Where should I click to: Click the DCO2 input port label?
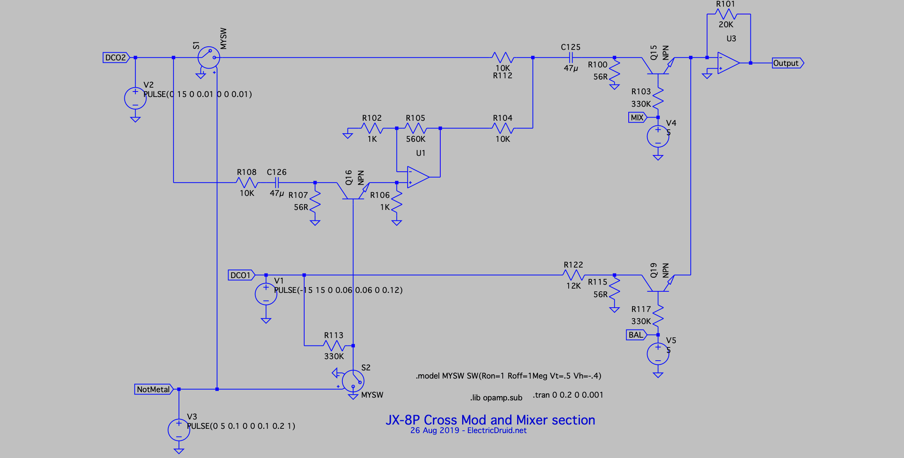(116, 58)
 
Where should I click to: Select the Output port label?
(788, 63)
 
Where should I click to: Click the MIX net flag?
(638, 117)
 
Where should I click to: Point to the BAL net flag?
(636, 335)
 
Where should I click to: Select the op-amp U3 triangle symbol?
(729, 63)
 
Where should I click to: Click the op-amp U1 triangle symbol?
(418, 177)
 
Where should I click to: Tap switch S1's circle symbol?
(209, 58)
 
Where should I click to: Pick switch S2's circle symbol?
(353, 381)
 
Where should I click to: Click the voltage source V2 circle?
(135, 98)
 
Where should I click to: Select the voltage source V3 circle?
(179, 430)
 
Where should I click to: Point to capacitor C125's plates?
(571, 58)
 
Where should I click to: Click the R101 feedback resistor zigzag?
(726, 14)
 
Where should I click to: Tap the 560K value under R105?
(416, 139)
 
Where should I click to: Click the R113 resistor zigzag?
(334, 345)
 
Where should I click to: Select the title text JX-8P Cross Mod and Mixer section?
(490, 420)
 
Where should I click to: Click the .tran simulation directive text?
(568, 395)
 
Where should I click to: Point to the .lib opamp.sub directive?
(496, 398)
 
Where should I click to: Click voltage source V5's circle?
(658, 354)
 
